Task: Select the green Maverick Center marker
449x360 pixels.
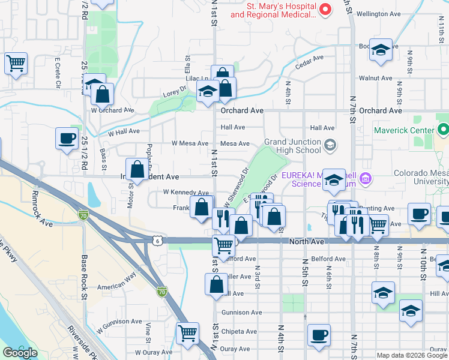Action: pos(444,130)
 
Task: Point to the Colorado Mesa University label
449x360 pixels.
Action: pos(421,178)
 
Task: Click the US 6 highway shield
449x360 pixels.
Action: pos(156,240)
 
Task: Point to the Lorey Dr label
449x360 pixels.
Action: pos(175,91)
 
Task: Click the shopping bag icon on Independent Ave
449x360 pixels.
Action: pos(137,170)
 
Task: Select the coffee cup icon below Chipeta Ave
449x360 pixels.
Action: pos(319,335)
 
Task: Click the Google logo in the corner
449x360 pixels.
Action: pos(20,353)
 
